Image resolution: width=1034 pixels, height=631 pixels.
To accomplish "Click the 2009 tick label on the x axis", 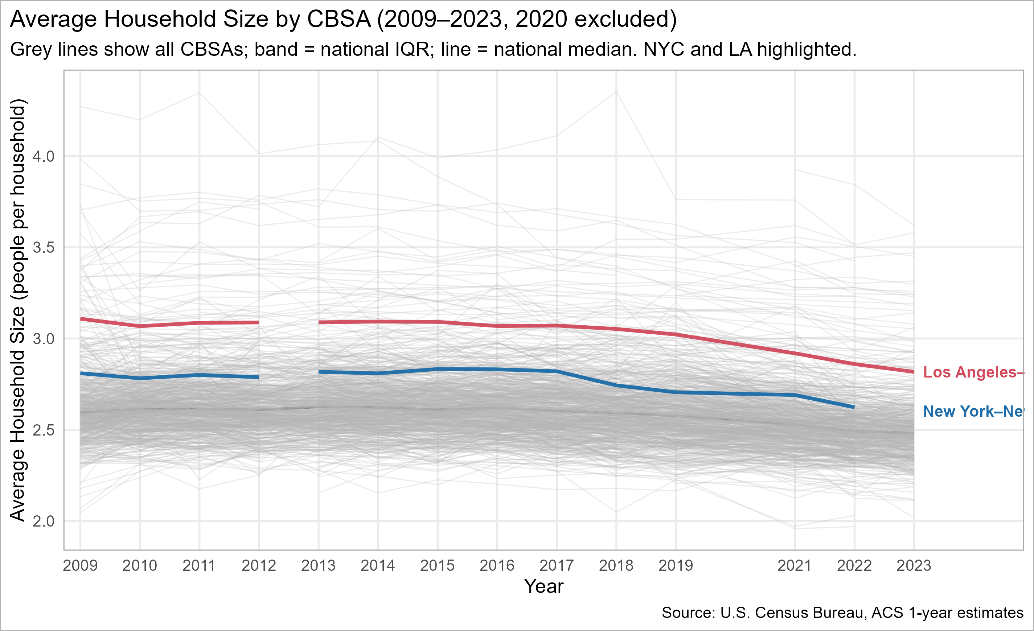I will [x=80, y=566].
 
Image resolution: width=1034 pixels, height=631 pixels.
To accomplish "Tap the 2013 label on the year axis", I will [x=318, y=566].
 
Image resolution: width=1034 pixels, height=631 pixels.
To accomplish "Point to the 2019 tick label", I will [x=676, y=566].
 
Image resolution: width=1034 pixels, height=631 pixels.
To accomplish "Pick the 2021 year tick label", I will [x=795, y=566].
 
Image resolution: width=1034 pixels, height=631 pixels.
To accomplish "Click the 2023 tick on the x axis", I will [x=914, y=566].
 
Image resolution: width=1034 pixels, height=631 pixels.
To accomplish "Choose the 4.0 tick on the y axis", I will [x=44, y=157].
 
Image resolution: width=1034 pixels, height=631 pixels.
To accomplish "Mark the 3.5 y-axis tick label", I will [x=44, y=248].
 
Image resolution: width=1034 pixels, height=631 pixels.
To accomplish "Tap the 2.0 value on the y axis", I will [x=44, y=521].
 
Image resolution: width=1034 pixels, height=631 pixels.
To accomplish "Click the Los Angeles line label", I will [x=973, y=372].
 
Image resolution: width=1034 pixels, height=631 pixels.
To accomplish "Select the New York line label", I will [x=973, y=411].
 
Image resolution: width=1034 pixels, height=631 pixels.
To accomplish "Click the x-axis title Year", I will [x=543, y=586].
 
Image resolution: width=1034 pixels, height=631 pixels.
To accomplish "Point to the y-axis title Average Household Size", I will [x=18, y=310].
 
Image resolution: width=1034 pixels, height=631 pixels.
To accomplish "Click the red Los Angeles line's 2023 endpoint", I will [x=914, y=372].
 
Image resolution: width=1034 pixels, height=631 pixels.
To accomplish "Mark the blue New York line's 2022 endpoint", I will [x=854, y=407].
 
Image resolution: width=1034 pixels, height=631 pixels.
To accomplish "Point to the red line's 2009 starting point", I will [x=81, y=319].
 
